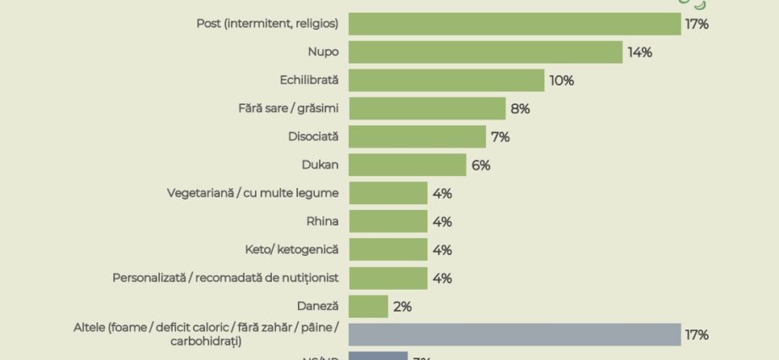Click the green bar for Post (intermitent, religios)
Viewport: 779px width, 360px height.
click(515, 24)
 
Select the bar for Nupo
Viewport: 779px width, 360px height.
click(485, 53)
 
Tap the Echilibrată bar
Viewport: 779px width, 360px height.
click(446, 80)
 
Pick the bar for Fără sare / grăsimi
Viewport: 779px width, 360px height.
click(427, 108)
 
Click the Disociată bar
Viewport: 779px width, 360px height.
click(417, 136)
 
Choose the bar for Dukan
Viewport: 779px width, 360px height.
click(407, 165)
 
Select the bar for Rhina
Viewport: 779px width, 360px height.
click(388, 222)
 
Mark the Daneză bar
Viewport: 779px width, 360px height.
click(368, 307)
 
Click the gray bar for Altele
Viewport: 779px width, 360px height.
click(515, 335)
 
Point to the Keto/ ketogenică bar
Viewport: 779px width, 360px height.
click(388, 250)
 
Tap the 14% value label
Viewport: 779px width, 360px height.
click(639, 53)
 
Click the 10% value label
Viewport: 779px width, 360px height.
click(561, 80)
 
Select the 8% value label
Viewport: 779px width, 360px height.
click(519, 108)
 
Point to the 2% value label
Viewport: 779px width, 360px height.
click(401, 307)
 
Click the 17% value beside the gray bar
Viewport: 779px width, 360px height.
click(697, 335)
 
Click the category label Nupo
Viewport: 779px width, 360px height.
click(323, 53)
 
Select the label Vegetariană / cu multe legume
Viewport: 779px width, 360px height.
click(253, 193)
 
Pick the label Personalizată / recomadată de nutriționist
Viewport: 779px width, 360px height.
click(226, 278)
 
